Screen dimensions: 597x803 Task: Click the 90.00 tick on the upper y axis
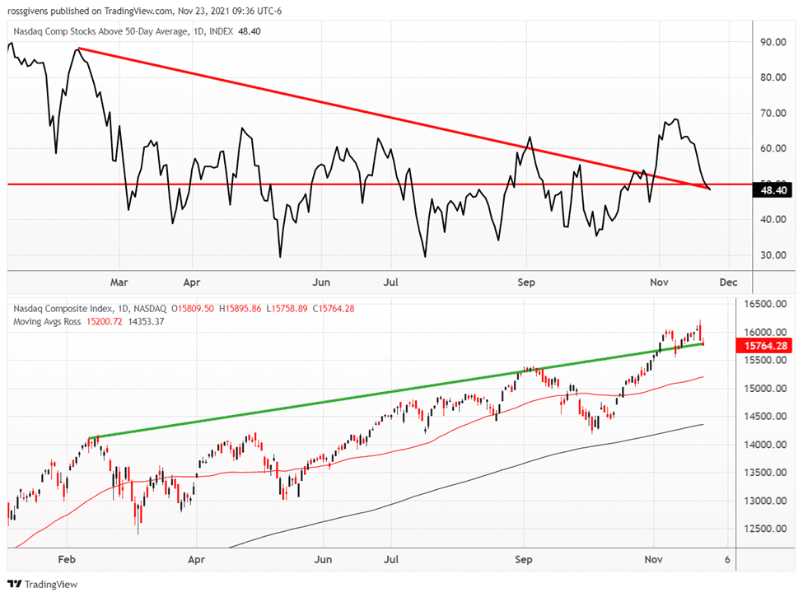click(772, 41)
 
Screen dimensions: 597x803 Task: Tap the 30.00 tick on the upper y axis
click(772, 255)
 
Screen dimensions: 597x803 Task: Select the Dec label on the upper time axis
click(727, 282)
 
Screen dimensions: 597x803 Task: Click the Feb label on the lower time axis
click(68, 558)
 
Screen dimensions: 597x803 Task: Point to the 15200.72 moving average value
click(105, 321)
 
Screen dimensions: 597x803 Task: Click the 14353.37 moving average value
click(147, 321)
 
